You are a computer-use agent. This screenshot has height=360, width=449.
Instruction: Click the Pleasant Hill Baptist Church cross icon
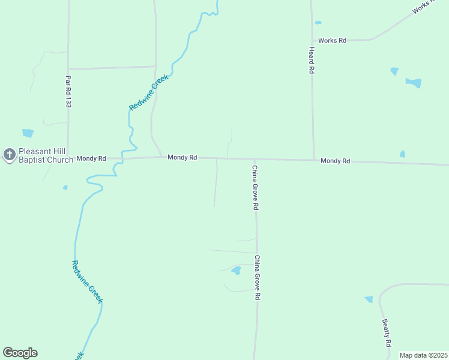[x=10, y=155]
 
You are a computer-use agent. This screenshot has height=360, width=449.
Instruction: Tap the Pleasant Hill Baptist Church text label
[x=46, y=155]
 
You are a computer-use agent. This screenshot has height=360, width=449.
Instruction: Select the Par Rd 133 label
[x=68, y=91]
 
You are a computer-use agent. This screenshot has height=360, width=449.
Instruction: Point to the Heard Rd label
[x=312, y=60]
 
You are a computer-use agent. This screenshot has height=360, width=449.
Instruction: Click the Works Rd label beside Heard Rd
[x=333, y=40]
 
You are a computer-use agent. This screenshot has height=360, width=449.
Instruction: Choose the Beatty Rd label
[x=387, y=332]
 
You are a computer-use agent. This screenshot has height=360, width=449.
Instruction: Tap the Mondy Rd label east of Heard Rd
[x=335, y=161]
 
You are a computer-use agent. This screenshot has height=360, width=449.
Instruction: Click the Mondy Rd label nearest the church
[x=91, y=158]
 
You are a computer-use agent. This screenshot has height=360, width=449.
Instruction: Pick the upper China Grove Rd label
[x=255, y=187]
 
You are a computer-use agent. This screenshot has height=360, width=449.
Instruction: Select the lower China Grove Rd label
[x=257, y=278]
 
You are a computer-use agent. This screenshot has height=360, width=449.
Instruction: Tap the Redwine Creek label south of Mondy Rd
[x=88, y=281]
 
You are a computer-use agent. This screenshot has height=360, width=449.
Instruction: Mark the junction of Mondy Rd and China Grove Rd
[x=254, y=159]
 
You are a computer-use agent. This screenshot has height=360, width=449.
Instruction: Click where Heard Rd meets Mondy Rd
[x=314, y=160]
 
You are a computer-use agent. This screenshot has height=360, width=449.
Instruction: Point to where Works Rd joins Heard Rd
[x=312, y=41]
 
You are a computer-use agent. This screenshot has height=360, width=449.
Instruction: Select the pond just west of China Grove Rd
[x=236, y=271]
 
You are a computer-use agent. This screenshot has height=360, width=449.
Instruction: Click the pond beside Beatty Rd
[x=369, y=299]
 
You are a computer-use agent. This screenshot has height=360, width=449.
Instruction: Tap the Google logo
[x=20, y=353]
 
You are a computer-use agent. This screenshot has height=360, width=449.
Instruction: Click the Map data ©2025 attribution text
[x=423, y=355]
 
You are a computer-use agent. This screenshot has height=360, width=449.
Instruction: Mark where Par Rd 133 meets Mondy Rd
[x=68, y=159]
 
